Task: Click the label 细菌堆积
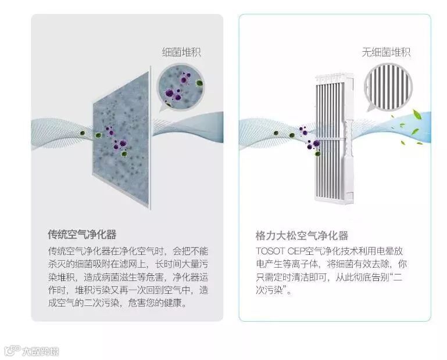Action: (x=181, y=53)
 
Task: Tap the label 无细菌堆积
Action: (x=386, y=52)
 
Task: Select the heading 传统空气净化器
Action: (x=82, y=235)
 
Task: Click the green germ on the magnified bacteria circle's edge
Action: (x=199, y=83)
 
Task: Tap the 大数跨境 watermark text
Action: (x=40, y=351)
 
